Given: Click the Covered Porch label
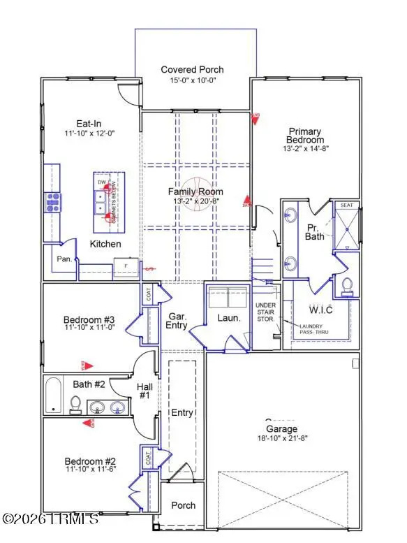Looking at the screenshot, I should pyautogui.click(x=192, y=69).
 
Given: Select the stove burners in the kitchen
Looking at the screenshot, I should pyautogui.click(x=53, y=202).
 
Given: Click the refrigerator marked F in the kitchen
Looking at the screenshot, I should pyautogui.click(x=126, y=268).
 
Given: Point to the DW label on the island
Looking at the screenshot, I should pyautogui.click(x=102, y=183).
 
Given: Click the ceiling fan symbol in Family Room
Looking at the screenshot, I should pyautogui.click(x=195, y=201).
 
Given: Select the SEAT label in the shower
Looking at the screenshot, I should pyautogui.click(x=347, y=205).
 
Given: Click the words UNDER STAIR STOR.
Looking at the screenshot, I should pyautogui.click(x=266, y=312).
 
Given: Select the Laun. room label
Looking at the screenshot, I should pyautogui.click(x=229, y=317).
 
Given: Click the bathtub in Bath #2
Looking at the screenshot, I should pyautogui.click(x=53, y=396).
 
